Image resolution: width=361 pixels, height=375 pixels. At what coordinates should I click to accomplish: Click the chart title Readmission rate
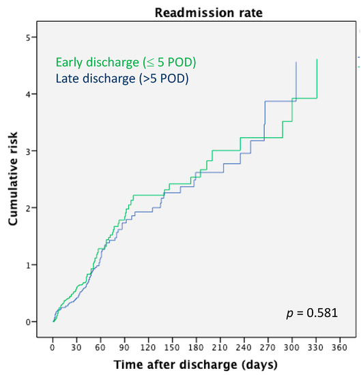(209, 12)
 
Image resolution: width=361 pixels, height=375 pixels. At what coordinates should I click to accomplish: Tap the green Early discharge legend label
(126, 63)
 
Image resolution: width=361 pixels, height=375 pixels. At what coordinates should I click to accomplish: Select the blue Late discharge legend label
(122, 78)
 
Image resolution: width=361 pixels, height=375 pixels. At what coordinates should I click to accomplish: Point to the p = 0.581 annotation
(312, 313)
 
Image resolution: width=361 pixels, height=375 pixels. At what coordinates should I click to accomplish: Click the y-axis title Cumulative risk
(13, 179)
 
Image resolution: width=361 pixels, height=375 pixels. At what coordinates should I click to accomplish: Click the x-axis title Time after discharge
(196, 365)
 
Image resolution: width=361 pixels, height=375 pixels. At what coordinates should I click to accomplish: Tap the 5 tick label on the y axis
(28, 37)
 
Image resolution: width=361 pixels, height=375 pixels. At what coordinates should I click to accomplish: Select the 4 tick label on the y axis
(28, 94)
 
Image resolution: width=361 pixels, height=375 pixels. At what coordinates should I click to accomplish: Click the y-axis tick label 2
(28, 208)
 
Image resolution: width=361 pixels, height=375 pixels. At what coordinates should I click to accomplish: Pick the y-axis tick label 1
(28, 265)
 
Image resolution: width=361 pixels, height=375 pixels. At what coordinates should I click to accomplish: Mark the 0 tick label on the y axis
(28, 322)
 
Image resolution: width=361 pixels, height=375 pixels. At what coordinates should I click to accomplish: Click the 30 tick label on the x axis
(76, 347)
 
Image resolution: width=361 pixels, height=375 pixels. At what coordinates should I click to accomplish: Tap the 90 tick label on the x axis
(124, 347)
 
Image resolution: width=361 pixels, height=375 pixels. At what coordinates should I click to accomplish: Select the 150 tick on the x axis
(172, 347)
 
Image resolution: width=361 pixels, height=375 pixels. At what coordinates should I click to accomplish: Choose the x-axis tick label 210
(220, 347)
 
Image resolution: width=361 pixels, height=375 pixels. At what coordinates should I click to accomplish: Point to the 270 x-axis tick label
(268, 347)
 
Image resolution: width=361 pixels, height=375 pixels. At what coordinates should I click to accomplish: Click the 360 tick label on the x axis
(339, 347)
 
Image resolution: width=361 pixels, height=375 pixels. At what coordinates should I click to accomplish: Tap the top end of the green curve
(317, 59)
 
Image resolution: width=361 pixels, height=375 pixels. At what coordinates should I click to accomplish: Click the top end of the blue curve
(296, 62)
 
